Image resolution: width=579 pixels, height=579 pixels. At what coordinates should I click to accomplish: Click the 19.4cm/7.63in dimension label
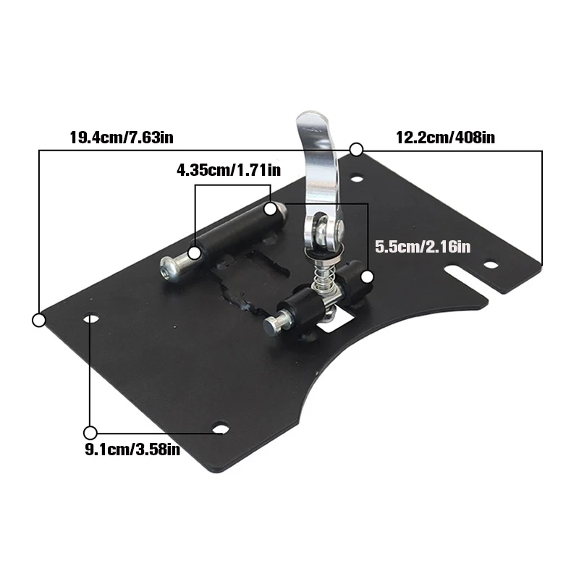pyautogui.click(x=122, y=138)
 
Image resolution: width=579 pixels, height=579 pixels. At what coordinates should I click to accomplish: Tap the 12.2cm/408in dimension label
pyautogui.click(x=445, y=138)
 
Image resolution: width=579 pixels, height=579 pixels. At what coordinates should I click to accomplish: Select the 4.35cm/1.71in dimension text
pyautogui.click(x=229, y=170)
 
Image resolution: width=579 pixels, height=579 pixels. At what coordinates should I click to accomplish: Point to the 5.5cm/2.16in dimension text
pyautogui.click(x=423, y=246)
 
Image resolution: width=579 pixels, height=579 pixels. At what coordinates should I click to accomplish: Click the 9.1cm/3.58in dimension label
pyautogui.click(x=132, y=449)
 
